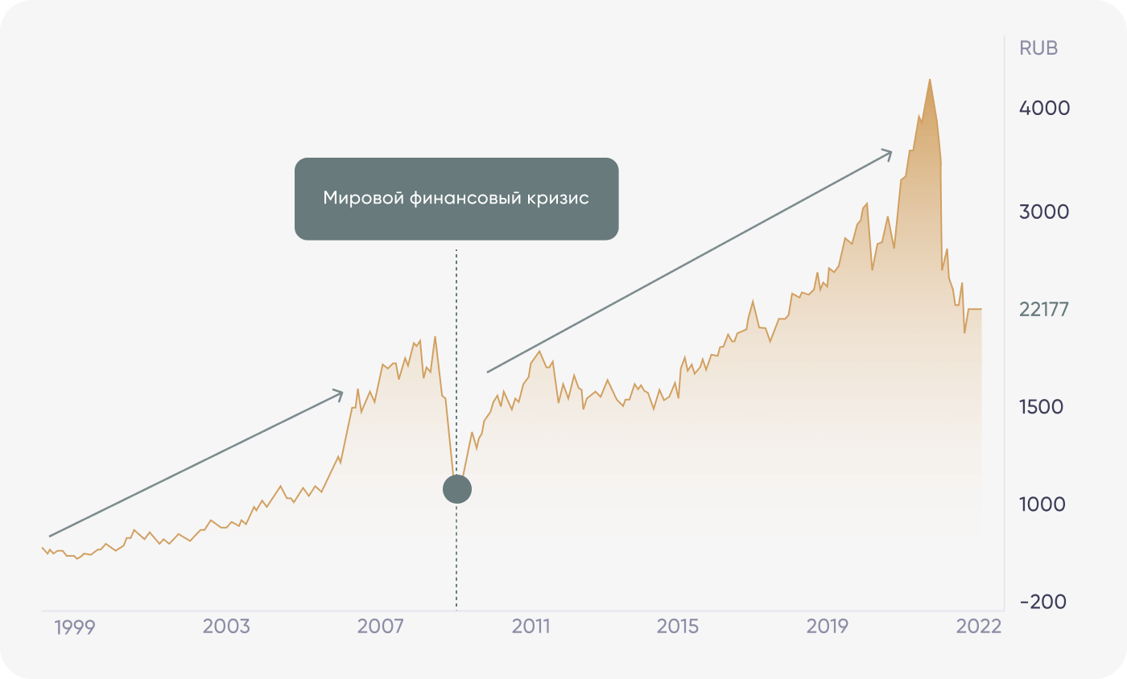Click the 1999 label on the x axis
click(x=74, y=627)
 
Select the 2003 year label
click(x=226, y=627)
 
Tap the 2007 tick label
click(x=381, y=627)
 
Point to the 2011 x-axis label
click(x=530, y=627)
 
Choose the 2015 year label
click(x=677, y=627)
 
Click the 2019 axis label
click(x=828, y=627)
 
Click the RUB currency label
click(x=1038, y=48)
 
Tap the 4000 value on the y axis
click(x=1044, y=108)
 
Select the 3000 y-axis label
click(x=1044, y=212)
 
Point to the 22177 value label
click(x=1043, y=309)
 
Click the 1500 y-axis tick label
click(x=1042, y=407)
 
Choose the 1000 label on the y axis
click(x=1042, y=504)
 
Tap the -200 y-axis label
click(x=1042, y=602)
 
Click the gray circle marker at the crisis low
click(x=457, y=488)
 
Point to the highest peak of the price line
click(x=930, y=80)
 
